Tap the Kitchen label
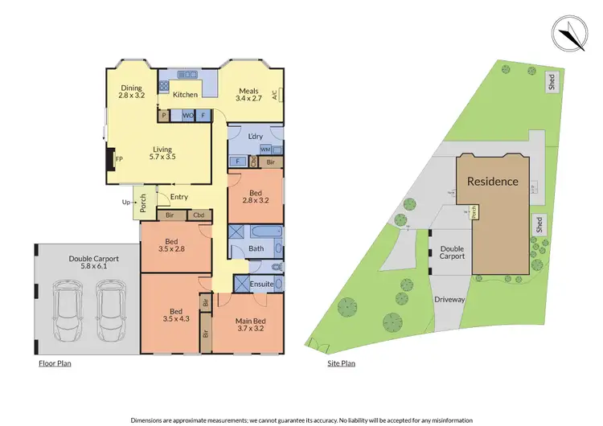186,95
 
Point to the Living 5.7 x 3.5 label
165,153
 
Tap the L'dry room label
257,137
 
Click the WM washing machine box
265,150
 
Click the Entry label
179,196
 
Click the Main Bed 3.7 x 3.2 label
250,324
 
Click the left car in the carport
67,311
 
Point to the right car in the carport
111,311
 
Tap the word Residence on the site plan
492,181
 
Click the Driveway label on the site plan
450,299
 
